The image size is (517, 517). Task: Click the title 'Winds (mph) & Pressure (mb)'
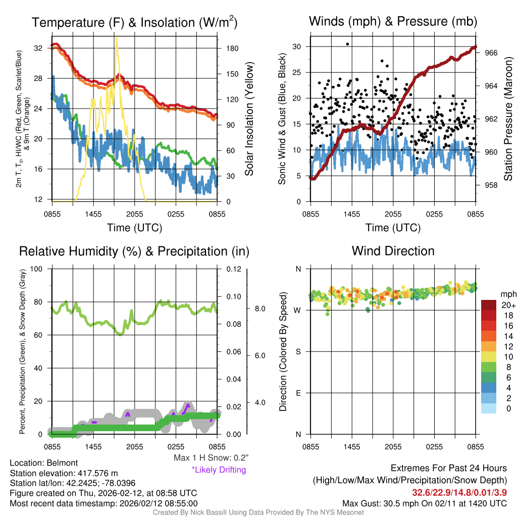tap(393, 22)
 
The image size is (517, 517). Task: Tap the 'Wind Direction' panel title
tap(393, 251)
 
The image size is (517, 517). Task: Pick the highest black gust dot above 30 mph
tap(347, 44)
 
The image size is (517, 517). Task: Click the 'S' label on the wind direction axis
tap(298, 351)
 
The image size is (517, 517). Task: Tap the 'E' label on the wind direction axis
tap(298, 393)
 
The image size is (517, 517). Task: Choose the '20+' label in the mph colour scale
tap(506, 305)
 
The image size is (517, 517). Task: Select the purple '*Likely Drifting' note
tap(219, 470)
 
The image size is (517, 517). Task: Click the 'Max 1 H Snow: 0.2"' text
tap(211, 458)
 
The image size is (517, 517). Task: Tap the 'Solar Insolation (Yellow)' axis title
tap(249, 119)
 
